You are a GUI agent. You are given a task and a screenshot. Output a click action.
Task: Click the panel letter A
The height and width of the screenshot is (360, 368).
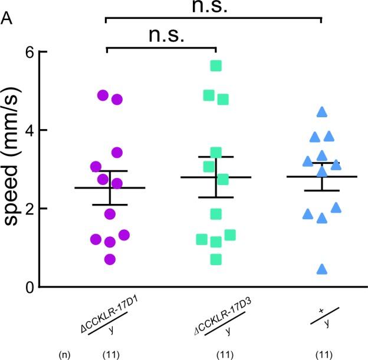point(8,19)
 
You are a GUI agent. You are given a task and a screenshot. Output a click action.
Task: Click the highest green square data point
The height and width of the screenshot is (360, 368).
point(216,65)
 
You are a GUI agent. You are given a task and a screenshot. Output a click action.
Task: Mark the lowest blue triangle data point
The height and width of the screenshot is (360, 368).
point(322,269)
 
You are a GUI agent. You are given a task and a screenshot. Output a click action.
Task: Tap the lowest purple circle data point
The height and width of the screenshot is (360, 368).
point(110,259)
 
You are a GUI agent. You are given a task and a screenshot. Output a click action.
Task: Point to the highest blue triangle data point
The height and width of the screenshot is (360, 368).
point(322,111)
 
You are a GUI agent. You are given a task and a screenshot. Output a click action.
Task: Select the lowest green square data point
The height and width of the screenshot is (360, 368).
point(216,259)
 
